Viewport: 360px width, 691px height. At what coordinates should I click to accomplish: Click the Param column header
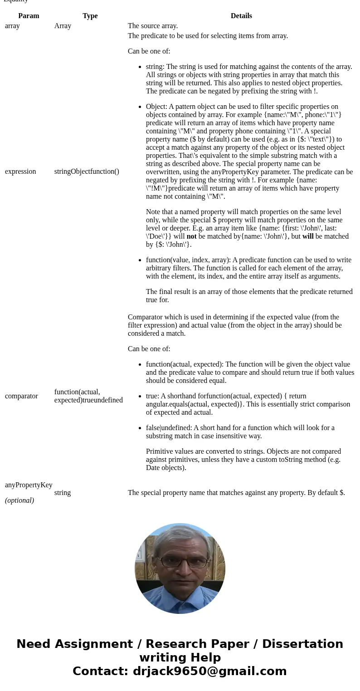point(29,16)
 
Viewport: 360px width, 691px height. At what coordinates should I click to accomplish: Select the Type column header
point(90,16)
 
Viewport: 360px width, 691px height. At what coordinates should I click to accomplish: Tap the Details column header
point(241,16)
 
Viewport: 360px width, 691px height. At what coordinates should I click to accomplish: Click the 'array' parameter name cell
point(12,26)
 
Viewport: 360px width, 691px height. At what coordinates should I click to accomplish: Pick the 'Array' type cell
point(63,26)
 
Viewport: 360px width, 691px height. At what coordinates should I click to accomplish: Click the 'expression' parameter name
point(20,172)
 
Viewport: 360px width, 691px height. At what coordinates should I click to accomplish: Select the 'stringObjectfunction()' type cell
point(87,172)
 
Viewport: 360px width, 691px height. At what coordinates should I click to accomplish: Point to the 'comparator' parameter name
point(21,396)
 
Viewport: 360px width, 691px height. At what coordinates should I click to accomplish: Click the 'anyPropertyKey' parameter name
point(29,485)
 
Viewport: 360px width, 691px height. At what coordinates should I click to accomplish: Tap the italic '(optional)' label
point(19,500)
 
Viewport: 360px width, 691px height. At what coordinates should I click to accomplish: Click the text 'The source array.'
point(153,26)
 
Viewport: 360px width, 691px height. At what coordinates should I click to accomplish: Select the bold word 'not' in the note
point(191,236)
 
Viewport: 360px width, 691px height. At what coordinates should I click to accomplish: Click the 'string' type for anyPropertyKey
point(63,493)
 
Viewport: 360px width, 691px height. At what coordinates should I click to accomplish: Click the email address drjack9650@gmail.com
point(209,671)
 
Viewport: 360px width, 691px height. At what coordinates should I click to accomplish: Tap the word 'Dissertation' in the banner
point(302,644)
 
